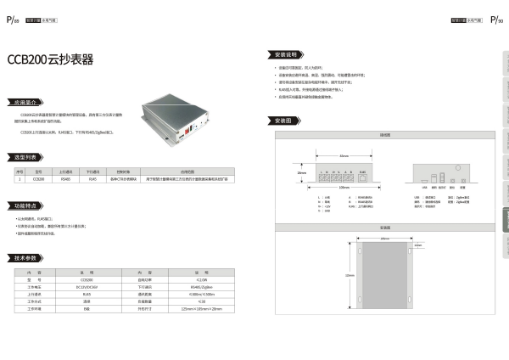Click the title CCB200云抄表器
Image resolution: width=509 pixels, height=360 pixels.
tap(50, 61)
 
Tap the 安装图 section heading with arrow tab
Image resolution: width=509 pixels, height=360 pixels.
tap(284, 121)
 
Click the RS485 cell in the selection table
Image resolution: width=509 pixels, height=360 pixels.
tap(66, 179)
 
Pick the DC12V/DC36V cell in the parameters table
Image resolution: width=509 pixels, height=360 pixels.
tap(86, 286)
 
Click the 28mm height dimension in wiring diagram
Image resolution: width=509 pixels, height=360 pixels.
tap(301, 172)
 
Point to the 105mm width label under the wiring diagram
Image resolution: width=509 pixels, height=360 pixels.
tap(343, 188)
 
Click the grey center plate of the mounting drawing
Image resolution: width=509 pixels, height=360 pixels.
tap(385, 277)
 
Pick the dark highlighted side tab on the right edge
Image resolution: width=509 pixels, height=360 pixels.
tap(505, 222)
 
